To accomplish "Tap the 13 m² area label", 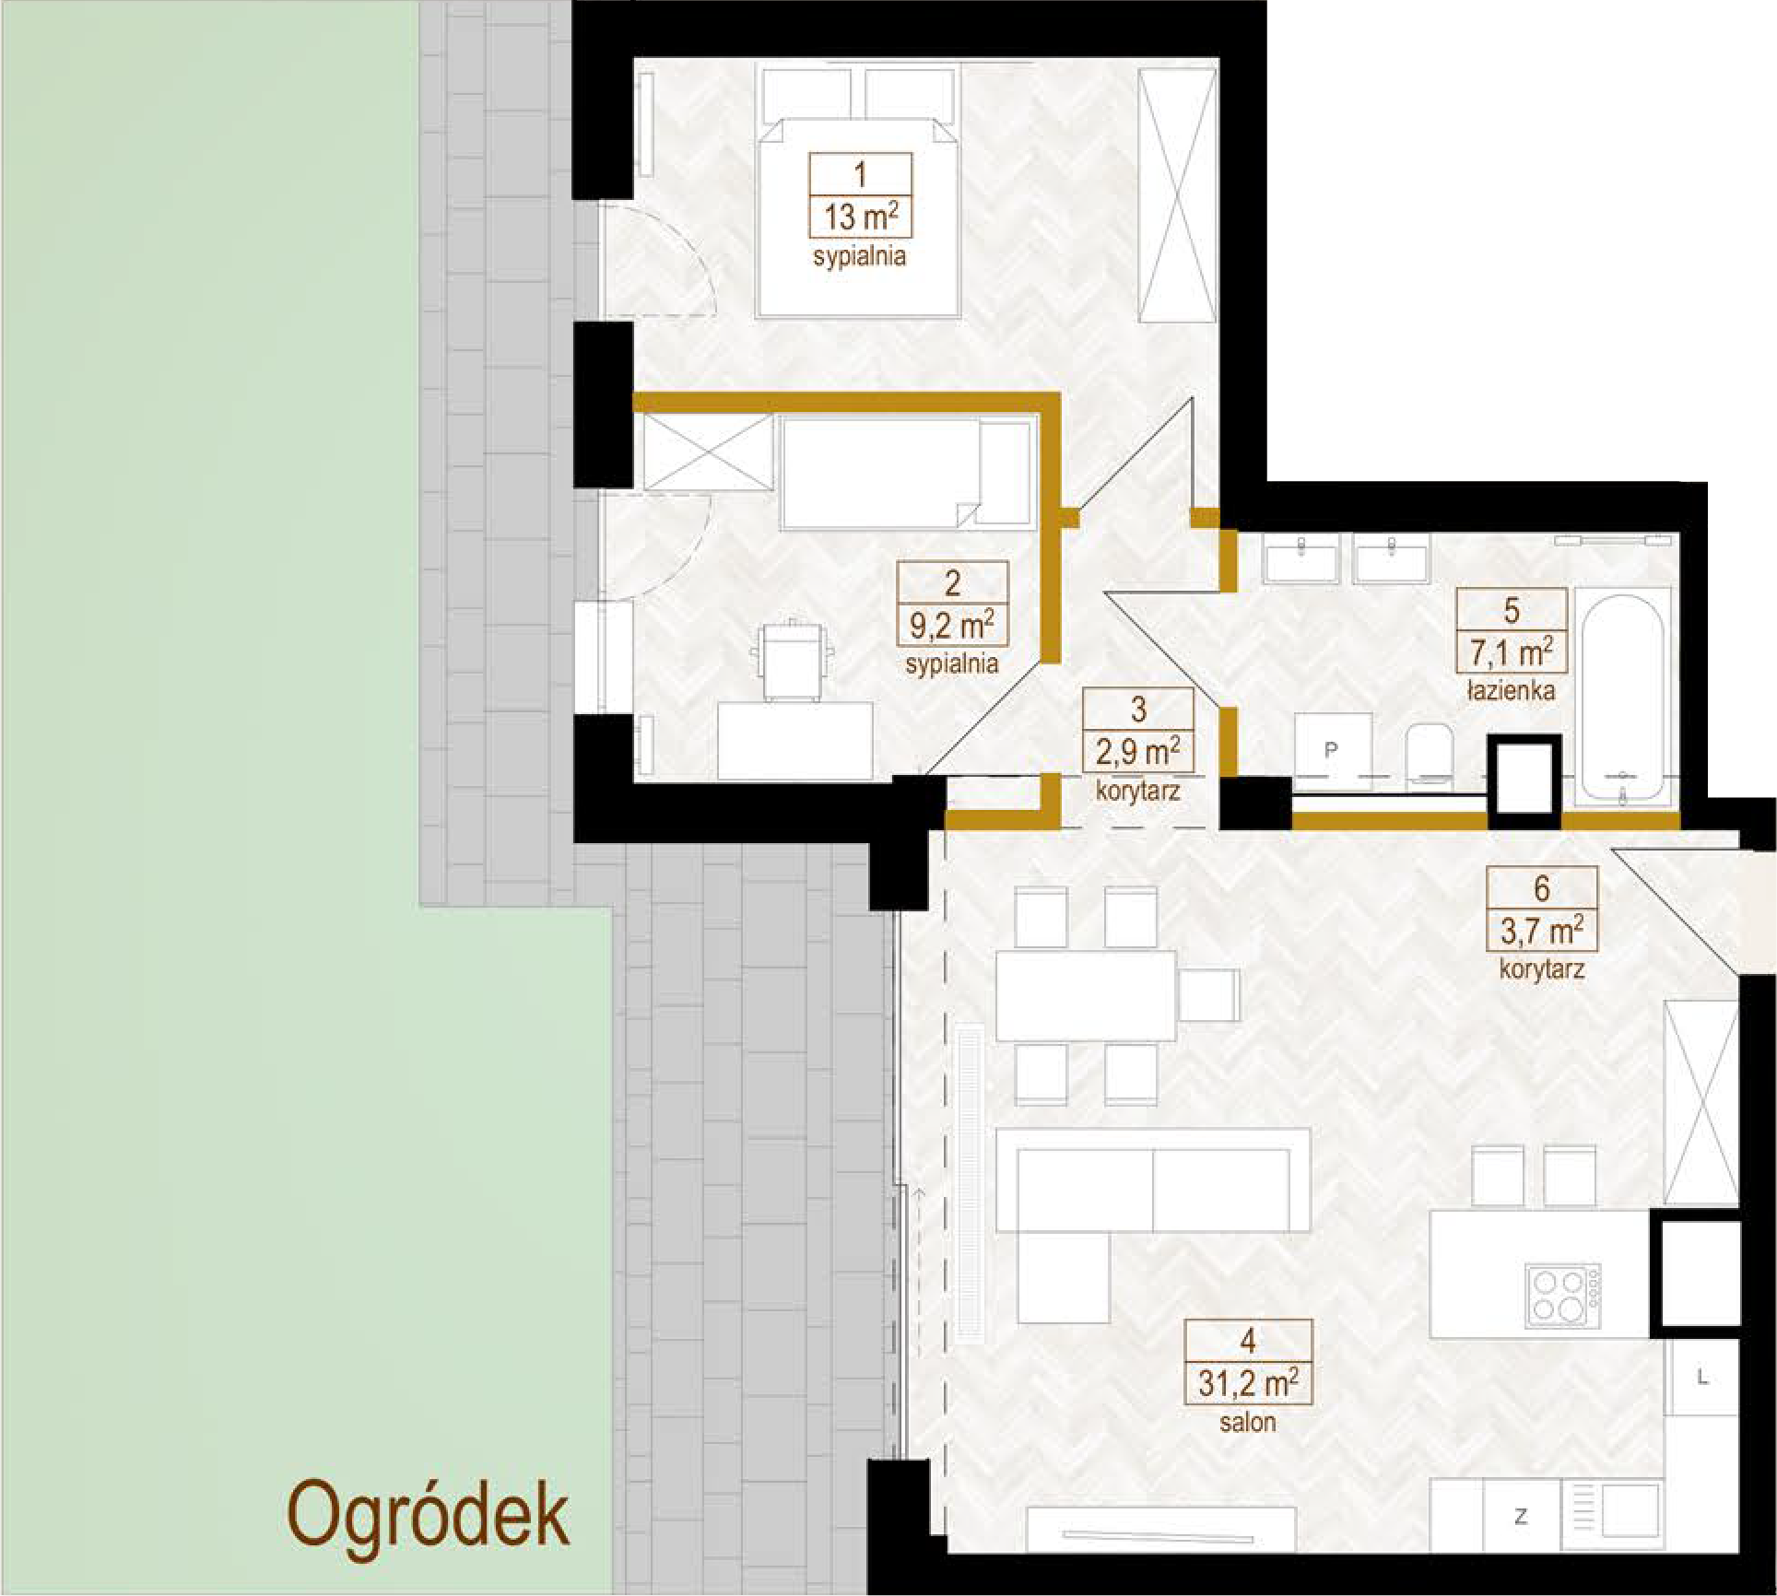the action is pyautogui.click(x=861, y=218).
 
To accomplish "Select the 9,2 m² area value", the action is pyautogui.click(x=952, y=626).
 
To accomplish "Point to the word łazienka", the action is pyautogui.click(x=1512, y=690).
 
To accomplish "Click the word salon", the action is pyautogui.click(x=1248, y=1422).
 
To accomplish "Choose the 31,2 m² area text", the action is pyautogui.click(x=1248, y=1383).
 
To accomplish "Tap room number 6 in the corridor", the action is pyautogui.click(x=1542, y=888).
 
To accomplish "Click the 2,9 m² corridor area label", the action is pyautogui.click(x=1137, y=752).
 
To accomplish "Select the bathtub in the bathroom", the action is pyautogui.click(x=1622, y=697).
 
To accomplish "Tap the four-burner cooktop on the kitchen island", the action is pyautogui.click(x=1562, y=1295).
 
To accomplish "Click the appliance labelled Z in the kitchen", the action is pyautogui.click(x=1522, y=1516).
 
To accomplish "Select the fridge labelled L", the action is pyautogui.click(x=1702, y=1378).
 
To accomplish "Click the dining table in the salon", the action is pyautogui.click(x=1086, y=995).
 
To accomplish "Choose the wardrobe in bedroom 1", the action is pyautogui.click(x=1177, y=194).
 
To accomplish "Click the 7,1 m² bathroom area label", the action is pyautogui.click(x=1512, y=652).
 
